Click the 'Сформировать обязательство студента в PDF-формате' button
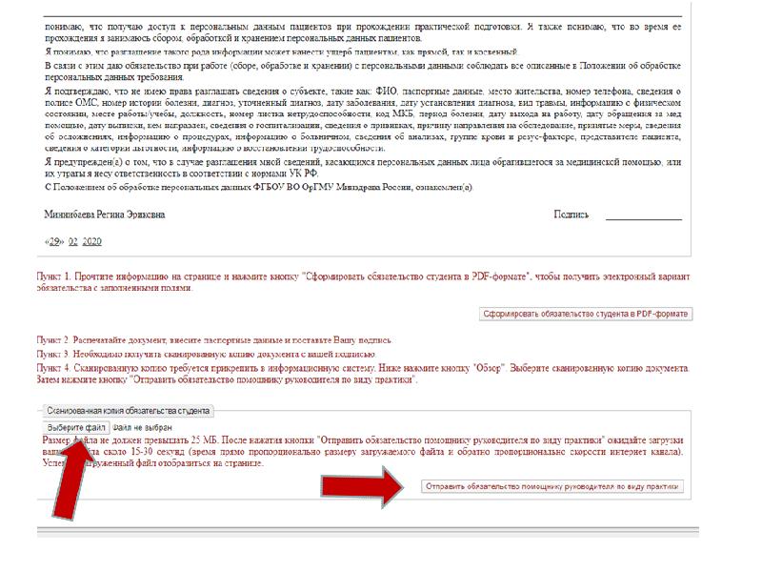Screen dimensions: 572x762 (586, 314)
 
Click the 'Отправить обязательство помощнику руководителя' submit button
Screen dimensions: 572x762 (552, 486)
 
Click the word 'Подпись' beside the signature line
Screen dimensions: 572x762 (571, 215)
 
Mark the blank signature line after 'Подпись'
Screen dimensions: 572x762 (644, 218)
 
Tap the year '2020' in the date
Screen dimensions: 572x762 (92, 241)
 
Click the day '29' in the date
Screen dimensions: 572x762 (55, 241)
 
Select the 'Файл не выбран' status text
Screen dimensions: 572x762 (144, 427)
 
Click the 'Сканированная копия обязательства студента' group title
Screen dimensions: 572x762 (129, 411)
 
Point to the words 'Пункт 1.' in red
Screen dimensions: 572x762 (55, 276)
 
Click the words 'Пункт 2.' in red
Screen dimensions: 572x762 (55, 340)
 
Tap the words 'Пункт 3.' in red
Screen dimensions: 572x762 (55, 354)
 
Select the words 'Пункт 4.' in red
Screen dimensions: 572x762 (55, 367)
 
